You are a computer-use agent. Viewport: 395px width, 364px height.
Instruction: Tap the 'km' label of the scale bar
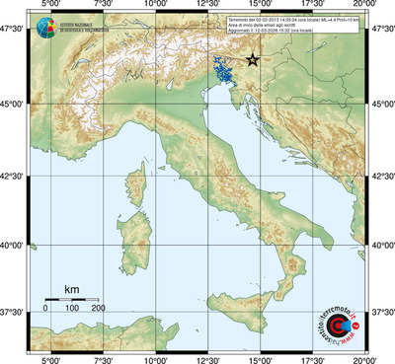click(x=71, y=289)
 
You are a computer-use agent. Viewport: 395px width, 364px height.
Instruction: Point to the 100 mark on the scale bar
click(x=72, y=309)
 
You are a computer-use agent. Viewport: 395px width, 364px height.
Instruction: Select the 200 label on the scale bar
click(x=98, y=309)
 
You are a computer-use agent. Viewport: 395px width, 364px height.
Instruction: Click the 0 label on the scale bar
click(x=46, y=309)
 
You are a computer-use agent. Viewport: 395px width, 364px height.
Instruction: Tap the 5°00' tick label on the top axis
click(x=49, y=7)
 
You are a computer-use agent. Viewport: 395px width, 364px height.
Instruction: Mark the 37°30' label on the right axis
click(x=381, y=312)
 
